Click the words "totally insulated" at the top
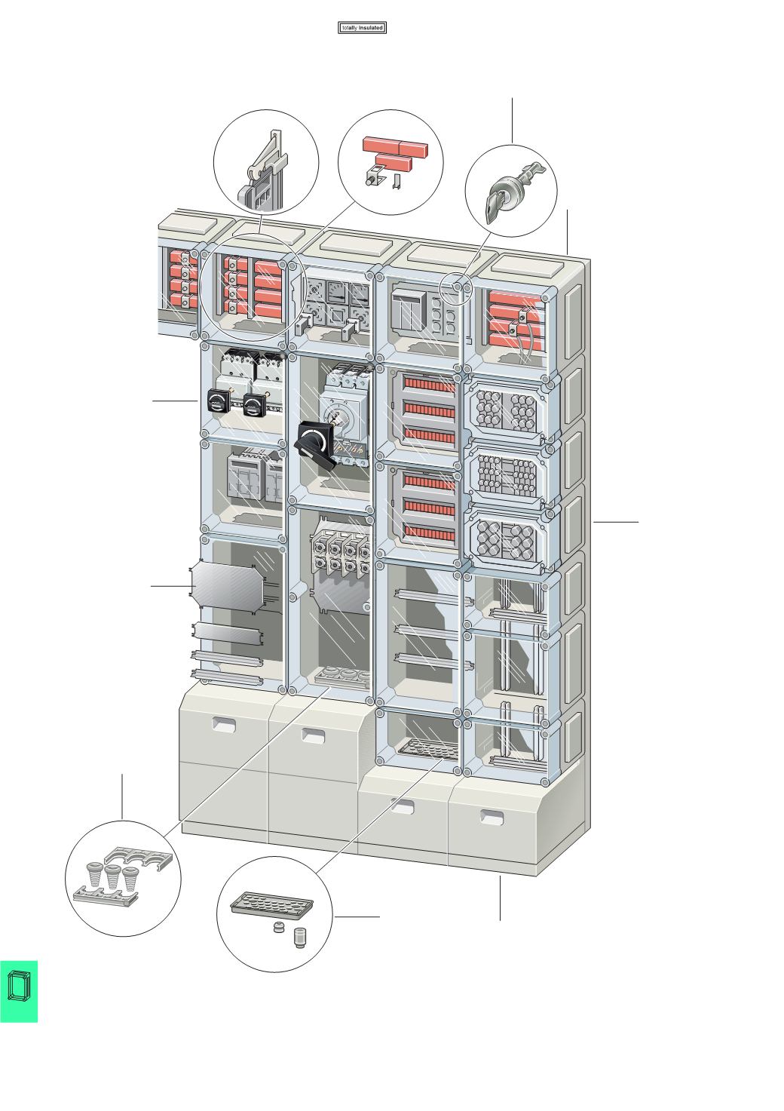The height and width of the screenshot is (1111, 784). coord(363,28)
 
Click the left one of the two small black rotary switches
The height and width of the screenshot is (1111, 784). coord(219,401)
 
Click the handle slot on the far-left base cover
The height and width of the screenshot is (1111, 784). coord(224,726)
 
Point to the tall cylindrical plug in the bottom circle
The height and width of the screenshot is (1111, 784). coord(300,938)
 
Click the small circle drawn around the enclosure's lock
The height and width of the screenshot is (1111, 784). coord(455,288)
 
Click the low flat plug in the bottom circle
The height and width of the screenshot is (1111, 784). coord(278,927)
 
